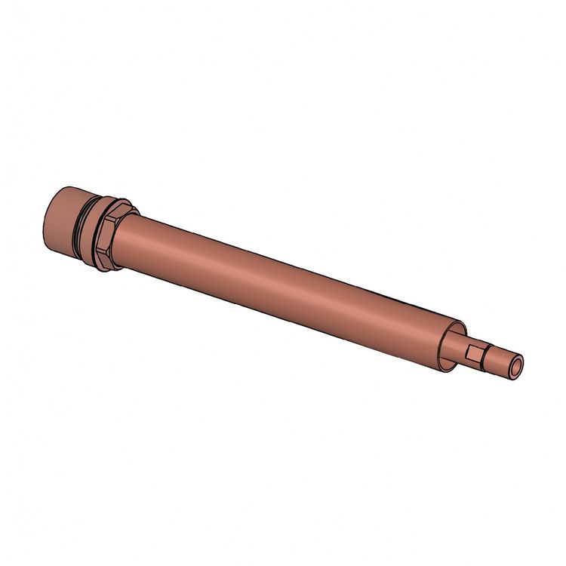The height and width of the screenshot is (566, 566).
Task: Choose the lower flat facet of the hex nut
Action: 104,260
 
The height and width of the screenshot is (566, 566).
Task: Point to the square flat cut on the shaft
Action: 475,352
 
